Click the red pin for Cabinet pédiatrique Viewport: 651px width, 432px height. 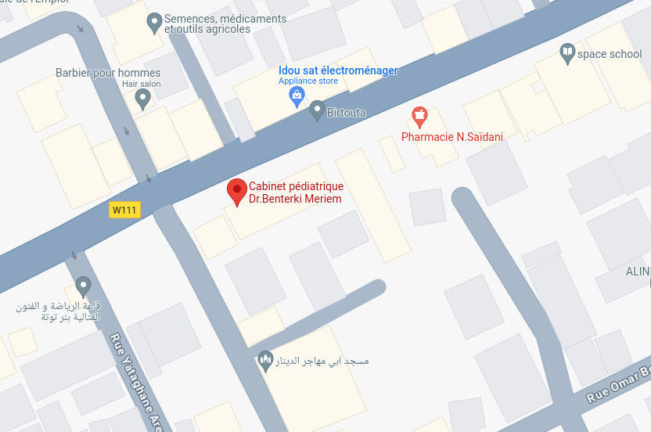(x=237, y=190)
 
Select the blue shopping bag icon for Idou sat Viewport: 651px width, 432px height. (x=297, y=96)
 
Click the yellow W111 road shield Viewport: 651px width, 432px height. (x=124, y=210)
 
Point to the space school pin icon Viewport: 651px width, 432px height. (x=567, y=53)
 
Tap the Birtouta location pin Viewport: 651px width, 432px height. (x=317, y=110)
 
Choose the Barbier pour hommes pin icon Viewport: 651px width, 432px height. (x=142, y=98)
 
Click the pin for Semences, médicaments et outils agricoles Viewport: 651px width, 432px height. (x=154, y=22)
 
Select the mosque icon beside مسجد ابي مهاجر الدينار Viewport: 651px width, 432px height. (x=265, y=361)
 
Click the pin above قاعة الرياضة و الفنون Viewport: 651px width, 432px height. (x=83, y=286)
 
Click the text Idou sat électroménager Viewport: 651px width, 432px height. (x=338, y=70)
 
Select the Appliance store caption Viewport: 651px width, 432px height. (x=308, y=81)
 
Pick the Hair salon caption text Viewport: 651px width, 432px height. (x=141, y=84)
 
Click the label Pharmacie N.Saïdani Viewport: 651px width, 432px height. (x=451, y=137)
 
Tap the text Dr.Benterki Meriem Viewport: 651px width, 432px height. (x=295, y=199)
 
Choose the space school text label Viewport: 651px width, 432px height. (x=610, y=54)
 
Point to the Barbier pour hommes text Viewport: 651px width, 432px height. (x=108, y=73)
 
